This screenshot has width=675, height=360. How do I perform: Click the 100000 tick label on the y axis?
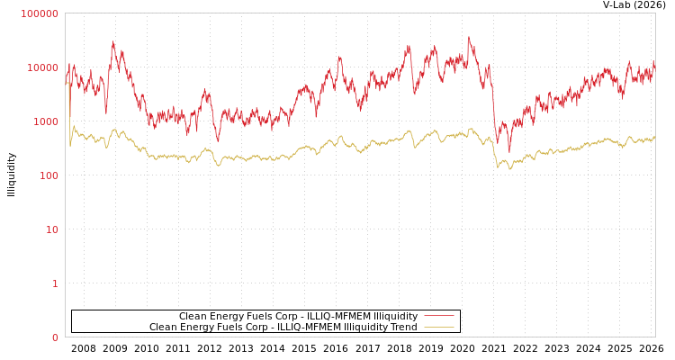click(40, 13)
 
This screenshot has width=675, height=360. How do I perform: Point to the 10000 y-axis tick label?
click(42, 67)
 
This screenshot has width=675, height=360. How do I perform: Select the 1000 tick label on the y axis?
click(44, 121)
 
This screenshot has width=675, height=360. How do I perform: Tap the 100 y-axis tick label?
click(47, 175)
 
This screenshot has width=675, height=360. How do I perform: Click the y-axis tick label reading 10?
click(51, 229)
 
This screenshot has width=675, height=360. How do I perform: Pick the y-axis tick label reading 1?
click(55, 283)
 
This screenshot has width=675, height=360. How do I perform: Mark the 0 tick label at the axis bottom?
click(55, 337)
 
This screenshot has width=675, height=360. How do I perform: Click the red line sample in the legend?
click(438, 317)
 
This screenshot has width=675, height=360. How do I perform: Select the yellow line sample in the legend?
click(438, 328)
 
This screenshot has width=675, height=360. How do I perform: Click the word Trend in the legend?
click(403, 328)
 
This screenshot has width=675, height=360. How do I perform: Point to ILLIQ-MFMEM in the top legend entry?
click(337, 317)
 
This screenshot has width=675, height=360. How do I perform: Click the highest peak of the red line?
click(469, 37)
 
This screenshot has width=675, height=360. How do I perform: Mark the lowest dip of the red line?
click(508, 151)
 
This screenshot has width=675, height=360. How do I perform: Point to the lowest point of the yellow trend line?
click(510, 169)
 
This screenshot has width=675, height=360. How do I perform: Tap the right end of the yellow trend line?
click(654, 138)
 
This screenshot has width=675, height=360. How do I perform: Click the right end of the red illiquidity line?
click(654, 63)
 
